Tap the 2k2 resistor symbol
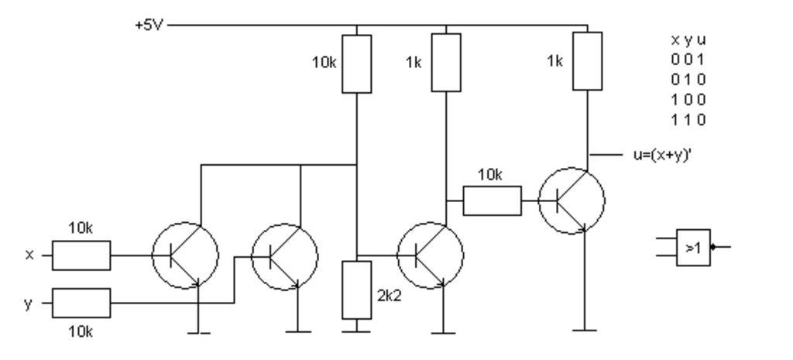[x=356, y=290]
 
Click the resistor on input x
[x=81, y=255]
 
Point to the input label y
[x=29, y=303]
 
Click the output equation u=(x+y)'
[x=661, y=155]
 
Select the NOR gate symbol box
[x=693, y=248]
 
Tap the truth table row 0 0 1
[x=688, y=59]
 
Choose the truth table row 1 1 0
[x=688, y=120]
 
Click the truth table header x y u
[x=688, y=39]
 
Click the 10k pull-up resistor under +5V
[x=356, y=63]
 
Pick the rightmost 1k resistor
[x=587, y=60]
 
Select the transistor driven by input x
[x=184, y=255]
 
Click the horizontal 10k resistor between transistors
[x=492, y=202]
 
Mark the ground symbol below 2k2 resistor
[x=356, y=330]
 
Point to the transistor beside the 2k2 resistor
[x=430, y=255]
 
